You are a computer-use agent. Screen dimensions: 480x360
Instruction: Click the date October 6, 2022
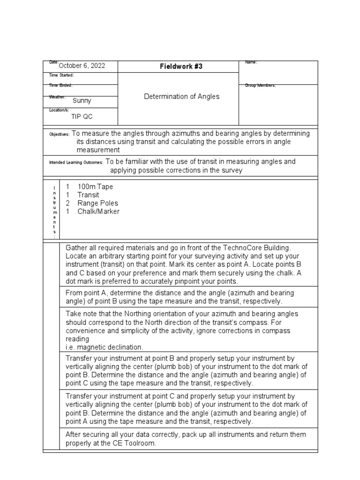tap(82, 66)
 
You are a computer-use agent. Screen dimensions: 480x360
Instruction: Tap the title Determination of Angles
tap(181, 97)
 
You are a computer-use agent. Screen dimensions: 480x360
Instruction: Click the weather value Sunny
tap(82, 100)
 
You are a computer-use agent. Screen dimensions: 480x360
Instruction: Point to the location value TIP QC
tap(82, 117)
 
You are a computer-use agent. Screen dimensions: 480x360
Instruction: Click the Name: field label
tap(251, 62)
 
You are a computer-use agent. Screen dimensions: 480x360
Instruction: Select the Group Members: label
tap(261, 85)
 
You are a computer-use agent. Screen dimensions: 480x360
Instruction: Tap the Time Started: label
tap(61, 75)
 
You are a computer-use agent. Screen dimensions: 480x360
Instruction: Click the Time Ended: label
tap(61, 85)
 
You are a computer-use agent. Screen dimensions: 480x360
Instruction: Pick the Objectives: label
tap(59, 135)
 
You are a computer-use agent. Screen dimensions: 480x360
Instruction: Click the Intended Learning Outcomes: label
tap(76, 162)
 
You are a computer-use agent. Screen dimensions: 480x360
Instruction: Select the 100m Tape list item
tap(95, 187)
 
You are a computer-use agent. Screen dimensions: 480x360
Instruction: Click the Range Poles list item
tap(97, 203)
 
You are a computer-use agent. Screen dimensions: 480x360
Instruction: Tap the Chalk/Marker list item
tap(98, 211)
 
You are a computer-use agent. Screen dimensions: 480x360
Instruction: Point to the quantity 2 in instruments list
tap(67, 203)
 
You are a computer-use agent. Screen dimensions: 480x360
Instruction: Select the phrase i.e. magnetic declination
tap(104, 347)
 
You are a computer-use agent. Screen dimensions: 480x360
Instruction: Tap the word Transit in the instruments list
tap(89, 195)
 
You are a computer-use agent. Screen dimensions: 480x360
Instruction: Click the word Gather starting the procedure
tap(76, 247)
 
